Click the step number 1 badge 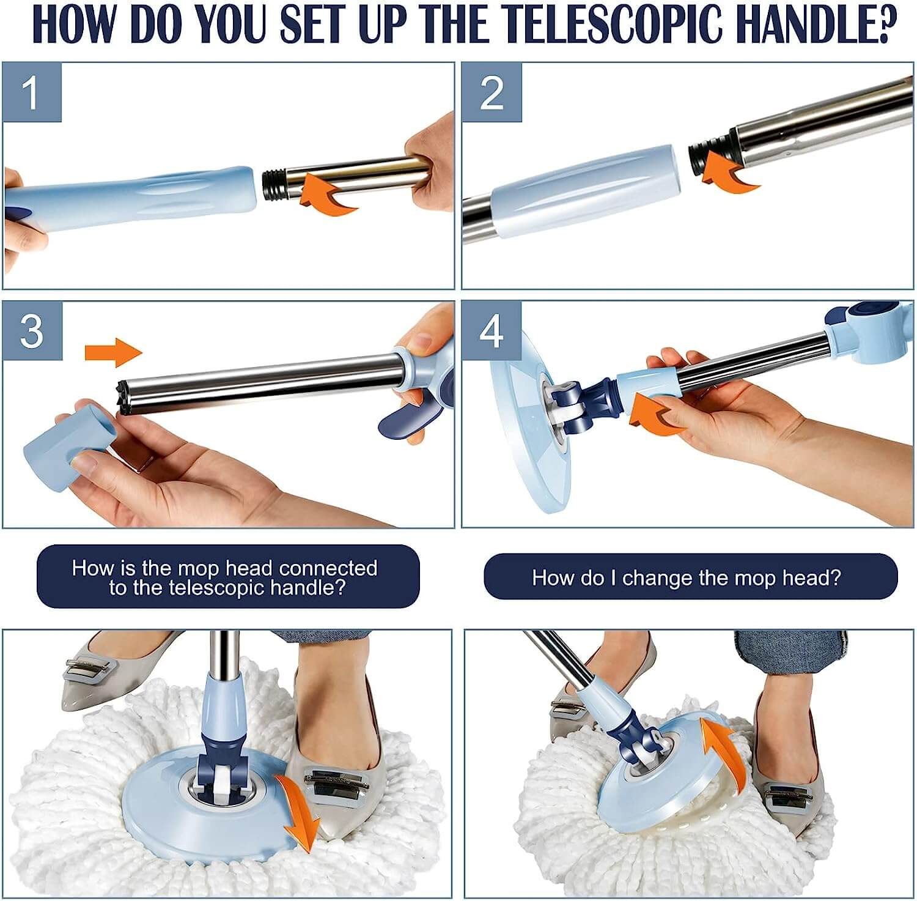(x=32, y=92)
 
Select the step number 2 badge (x=492, y=92)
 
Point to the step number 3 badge (x=32, y=330)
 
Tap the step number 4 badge (x=492, y=330)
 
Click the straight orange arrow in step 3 (x=113, y=352)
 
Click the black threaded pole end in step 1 (x=275, y=186)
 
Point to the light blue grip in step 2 (x=584, y=191)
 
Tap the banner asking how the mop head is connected (x=228, y=577)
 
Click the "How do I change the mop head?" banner (x=690, y=577)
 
